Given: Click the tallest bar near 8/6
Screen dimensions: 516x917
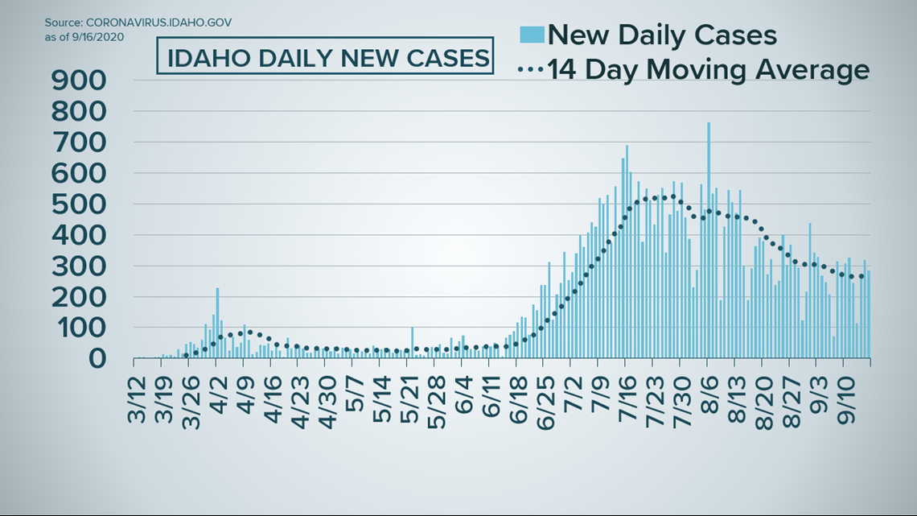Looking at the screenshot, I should (x=708, y=241).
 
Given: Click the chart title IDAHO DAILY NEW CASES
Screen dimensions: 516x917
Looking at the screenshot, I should (x=323, y=58).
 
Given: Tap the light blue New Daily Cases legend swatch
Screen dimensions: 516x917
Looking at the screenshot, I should (x=531, y=35).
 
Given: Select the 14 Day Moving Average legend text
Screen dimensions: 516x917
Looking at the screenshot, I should (x=709, y=70).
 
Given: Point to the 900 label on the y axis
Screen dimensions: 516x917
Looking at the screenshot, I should (x=78, y=80).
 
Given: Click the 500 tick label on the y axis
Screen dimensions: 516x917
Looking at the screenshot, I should (x=78, y=204).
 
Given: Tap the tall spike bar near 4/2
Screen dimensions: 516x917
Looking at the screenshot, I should (x=217, y=322).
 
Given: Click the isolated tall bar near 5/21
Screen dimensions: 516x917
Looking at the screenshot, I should (x=412, y=342).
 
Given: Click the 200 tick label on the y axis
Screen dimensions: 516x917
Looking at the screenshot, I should (x=78, y=297).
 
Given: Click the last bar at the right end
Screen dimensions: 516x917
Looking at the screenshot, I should (x=869, y=314).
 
